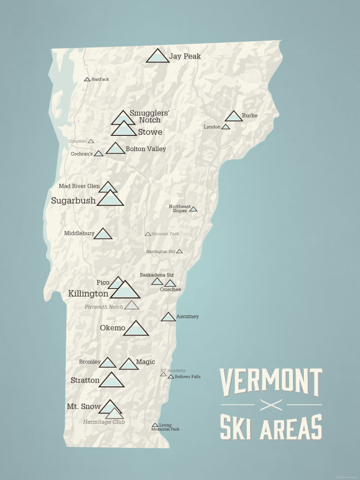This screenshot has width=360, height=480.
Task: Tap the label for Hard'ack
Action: [100, 79]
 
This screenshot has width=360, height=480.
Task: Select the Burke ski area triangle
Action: [234, 117]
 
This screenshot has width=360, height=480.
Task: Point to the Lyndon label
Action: [212, 127]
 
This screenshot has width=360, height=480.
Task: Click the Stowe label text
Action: [150, 132]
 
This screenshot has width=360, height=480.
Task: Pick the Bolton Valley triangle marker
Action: [115, 149]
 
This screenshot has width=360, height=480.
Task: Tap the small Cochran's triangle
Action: [98, 154]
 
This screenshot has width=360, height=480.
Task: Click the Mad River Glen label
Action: [79, 186]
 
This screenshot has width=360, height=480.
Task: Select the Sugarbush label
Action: [73, 201]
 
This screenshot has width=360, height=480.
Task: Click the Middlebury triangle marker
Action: [103, 234]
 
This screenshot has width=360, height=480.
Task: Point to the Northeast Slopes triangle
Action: [193, 209]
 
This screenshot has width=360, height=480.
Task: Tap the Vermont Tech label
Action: [165, 234]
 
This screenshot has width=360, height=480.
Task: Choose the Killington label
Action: [88, 294]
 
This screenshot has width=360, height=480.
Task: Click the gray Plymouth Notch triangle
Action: [132, 305]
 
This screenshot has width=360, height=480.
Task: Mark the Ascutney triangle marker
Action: [168, 317]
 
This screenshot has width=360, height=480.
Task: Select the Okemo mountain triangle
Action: [136, 329]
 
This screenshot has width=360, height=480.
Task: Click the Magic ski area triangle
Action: [129, 364]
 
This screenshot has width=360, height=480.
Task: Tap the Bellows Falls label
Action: [188, 377]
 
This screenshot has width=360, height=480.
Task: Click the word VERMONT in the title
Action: [271, 382]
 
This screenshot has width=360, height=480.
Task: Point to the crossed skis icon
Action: [271, 405]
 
